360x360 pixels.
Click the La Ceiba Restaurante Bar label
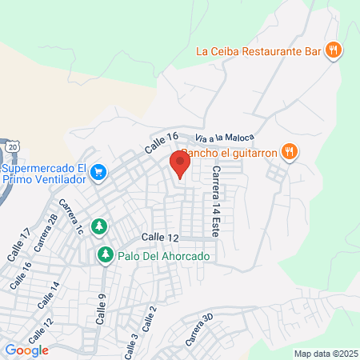coord(259,51)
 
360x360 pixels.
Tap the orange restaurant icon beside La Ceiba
coord(335,50)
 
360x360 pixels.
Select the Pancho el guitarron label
coord(230,152)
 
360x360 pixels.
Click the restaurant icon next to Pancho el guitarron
coord(290,151)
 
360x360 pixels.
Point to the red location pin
coord(180,166)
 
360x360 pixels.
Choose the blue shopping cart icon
coord(98,171)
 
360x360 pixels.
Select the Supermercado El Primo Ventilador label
coord(43,174)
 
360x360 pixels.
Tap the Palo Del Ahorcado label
coord(164,256)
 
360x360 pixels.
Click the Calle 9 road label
coord(102,307)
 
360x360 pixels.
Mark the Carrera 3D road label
coord(196,330)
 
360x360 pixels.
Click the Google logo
coord(26,350)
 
